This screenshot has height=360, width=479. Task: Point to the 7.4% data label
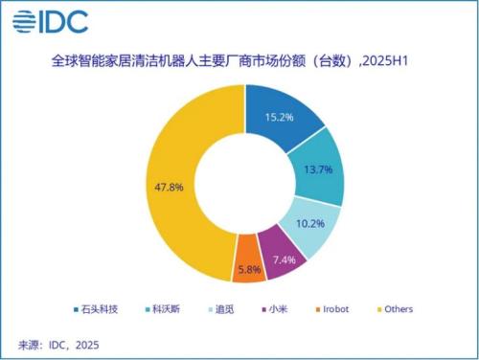point(280,259)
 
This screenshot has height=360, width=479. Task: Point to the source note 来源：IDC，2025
point(59,344)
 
